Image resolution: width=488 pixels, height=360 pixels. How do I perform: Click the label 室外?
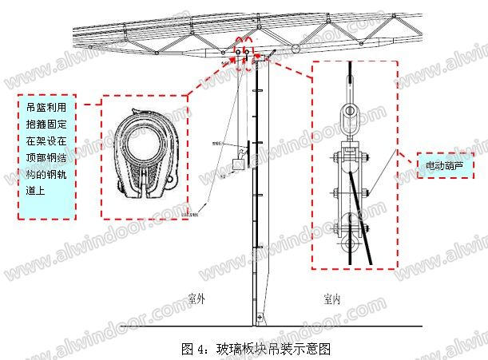[197, 299]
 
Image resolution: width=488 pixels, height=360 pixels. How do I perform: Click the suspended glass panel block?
[237, 164]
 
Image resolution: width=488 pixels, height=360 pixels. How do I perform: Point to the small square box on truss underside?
[256, 57]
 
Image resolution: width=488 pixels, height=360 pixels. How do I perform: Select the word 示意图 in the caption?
[313, 349]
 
